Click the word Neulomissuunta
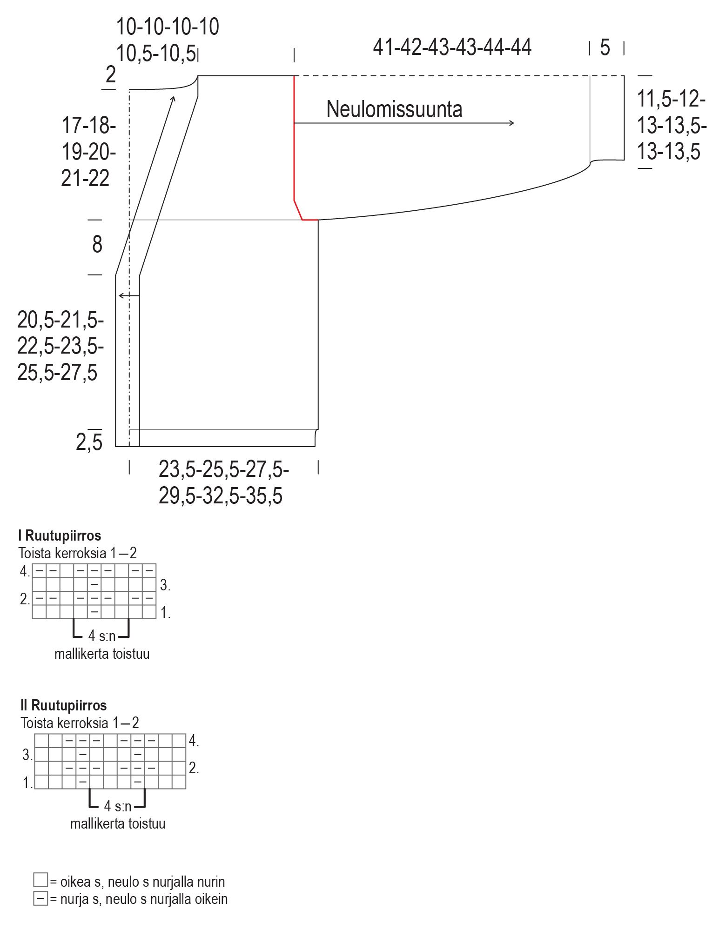click(x=394, y=109)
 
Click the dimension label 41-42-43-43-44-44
click(x=452, y=47)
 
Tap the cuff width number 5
click(x=605, y=47)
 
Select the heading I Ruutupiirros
click(x=60, y=535)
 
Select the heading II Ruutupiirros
click(x=63, y=705)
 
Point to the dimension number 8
click(x=97, y=245)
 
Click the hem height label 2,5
click(x=89, y=442)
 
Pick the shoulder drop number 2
click(x=110, y=74)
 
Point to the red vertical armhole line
click(x=294, y=140)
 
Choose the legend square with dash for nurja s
click(x=40, y=898)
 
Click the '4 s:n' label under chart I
click(x=101, y=636)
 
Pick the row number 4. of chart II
click(x=194, y=741)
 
